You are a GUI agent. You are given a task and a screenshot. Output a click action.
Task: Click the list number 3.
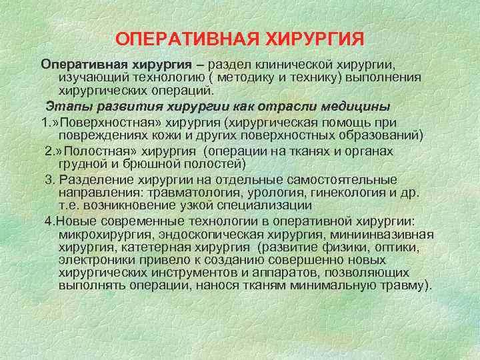click(x=48, y=180)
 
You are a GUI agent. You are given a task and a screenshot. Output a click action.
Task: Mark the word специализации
click(x=260, y=204)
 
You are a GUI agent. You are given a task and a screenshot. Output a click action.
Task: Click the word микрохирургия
click(x=102, y=235)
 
